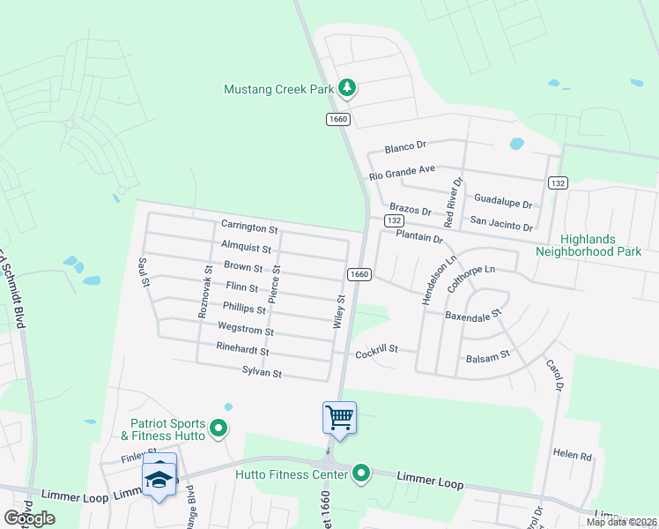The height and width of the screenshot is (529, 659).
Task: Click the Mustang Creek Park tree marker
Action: pyautogui.click(x=348, y=87)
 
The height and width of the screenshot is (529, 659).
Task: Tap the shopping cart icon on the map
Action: pyautogui.click(x=339, y=417)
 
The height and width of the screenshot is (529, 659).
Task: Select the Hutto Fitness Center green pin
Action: pyautogui.click(x=360, y=475)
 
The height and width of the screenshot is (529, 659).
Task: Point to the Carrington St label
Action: pyautogui.click(x=249, y=227)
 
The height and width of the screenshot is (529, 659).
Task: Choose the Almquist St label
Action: pyautogui.click(x=246, y=249)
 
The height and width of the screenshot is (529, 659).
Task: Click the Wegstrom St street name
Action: pyautogui.click(x=245, y=331)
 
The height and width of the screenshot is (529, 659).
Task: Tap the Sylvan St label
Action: pyautogui.click(x=261, y=373)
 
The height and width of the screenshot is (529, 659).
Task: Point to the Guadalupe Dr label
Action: pyautogui.click(x=503, y=202)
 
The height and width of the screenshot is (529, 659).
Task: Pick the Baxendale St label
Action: pyautogui.click(x=472, y=314)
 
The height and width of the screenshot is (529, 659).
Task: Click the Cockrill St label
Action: pyautogui.click(x=377, y=353)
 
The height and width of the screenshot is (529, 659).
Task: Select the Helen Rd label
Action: pyautogui.click(x=572, y=455)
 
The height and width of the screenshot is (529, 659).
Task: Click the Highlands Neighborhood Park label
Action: pyautogui.click(x=589, y=245)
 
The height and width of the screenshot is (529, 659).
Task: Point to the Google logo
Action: pyautogui.click(x=30, y=518)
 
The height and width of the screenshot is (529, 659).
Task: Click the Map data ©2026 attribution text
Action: pyautogui.click(x=621, y=522)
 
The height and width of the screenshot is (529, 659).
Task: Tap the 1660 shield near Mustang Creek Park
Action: pyautogui.click(x=337, y=119)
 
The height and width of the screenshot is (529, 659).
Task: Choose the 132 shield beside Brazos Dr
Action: pyautogui.click(x=393, y=220)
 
